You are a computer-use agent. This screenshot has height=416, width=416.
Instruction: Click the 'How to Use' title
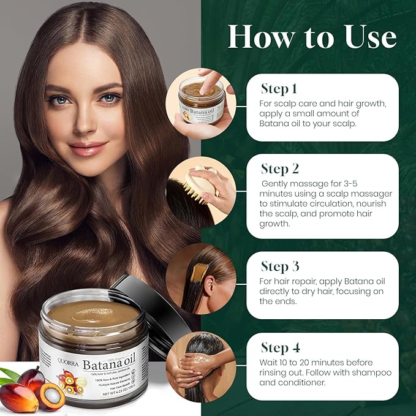point(311,37)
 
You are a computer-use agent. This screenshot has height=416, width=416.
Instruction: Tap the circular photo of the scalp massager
point(200,186)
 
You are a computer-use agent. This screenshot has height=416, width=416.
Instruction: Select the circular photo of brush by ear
point(200,279)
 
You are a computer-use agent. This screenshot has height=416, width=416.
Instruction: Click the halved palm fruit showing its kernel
point(51,396)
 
